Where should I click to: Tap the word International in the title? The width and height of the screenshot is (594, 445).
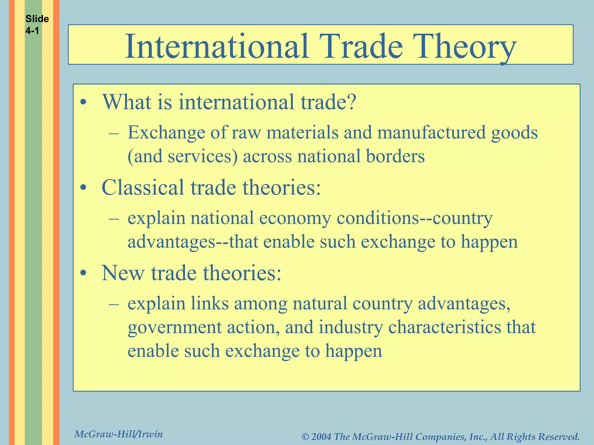pyautogui.click(x=216, y=46)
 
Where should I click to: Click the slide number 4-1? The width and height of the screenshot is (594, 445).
pyautogui.click(x=32, y=31)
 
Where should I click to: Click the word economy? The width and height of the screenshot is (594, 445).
pyautogui.click(x=295, y=218)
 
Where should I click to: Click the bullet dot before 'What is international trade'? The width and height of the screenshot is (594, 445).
pyautogui.click(x=84, y=103)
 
